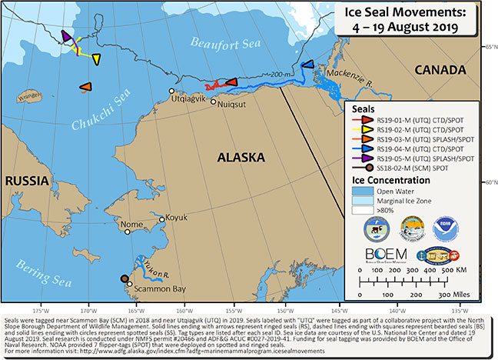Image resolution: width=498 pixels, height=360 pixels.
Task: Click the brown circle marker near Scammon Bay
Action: tap(125, 280)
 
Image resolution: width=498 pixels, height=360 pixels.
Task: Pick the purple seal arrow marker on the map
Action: tap(68, 36)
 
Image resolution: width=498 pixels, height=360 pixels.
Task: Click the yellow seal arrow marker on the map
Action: tap(96, 59)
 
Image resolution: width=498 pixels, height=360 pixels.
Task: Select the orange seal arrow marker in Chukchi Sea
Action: tap(86, 86)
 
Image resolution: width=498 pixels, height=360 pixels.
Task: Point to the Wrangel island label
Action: tap(51, 96)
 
